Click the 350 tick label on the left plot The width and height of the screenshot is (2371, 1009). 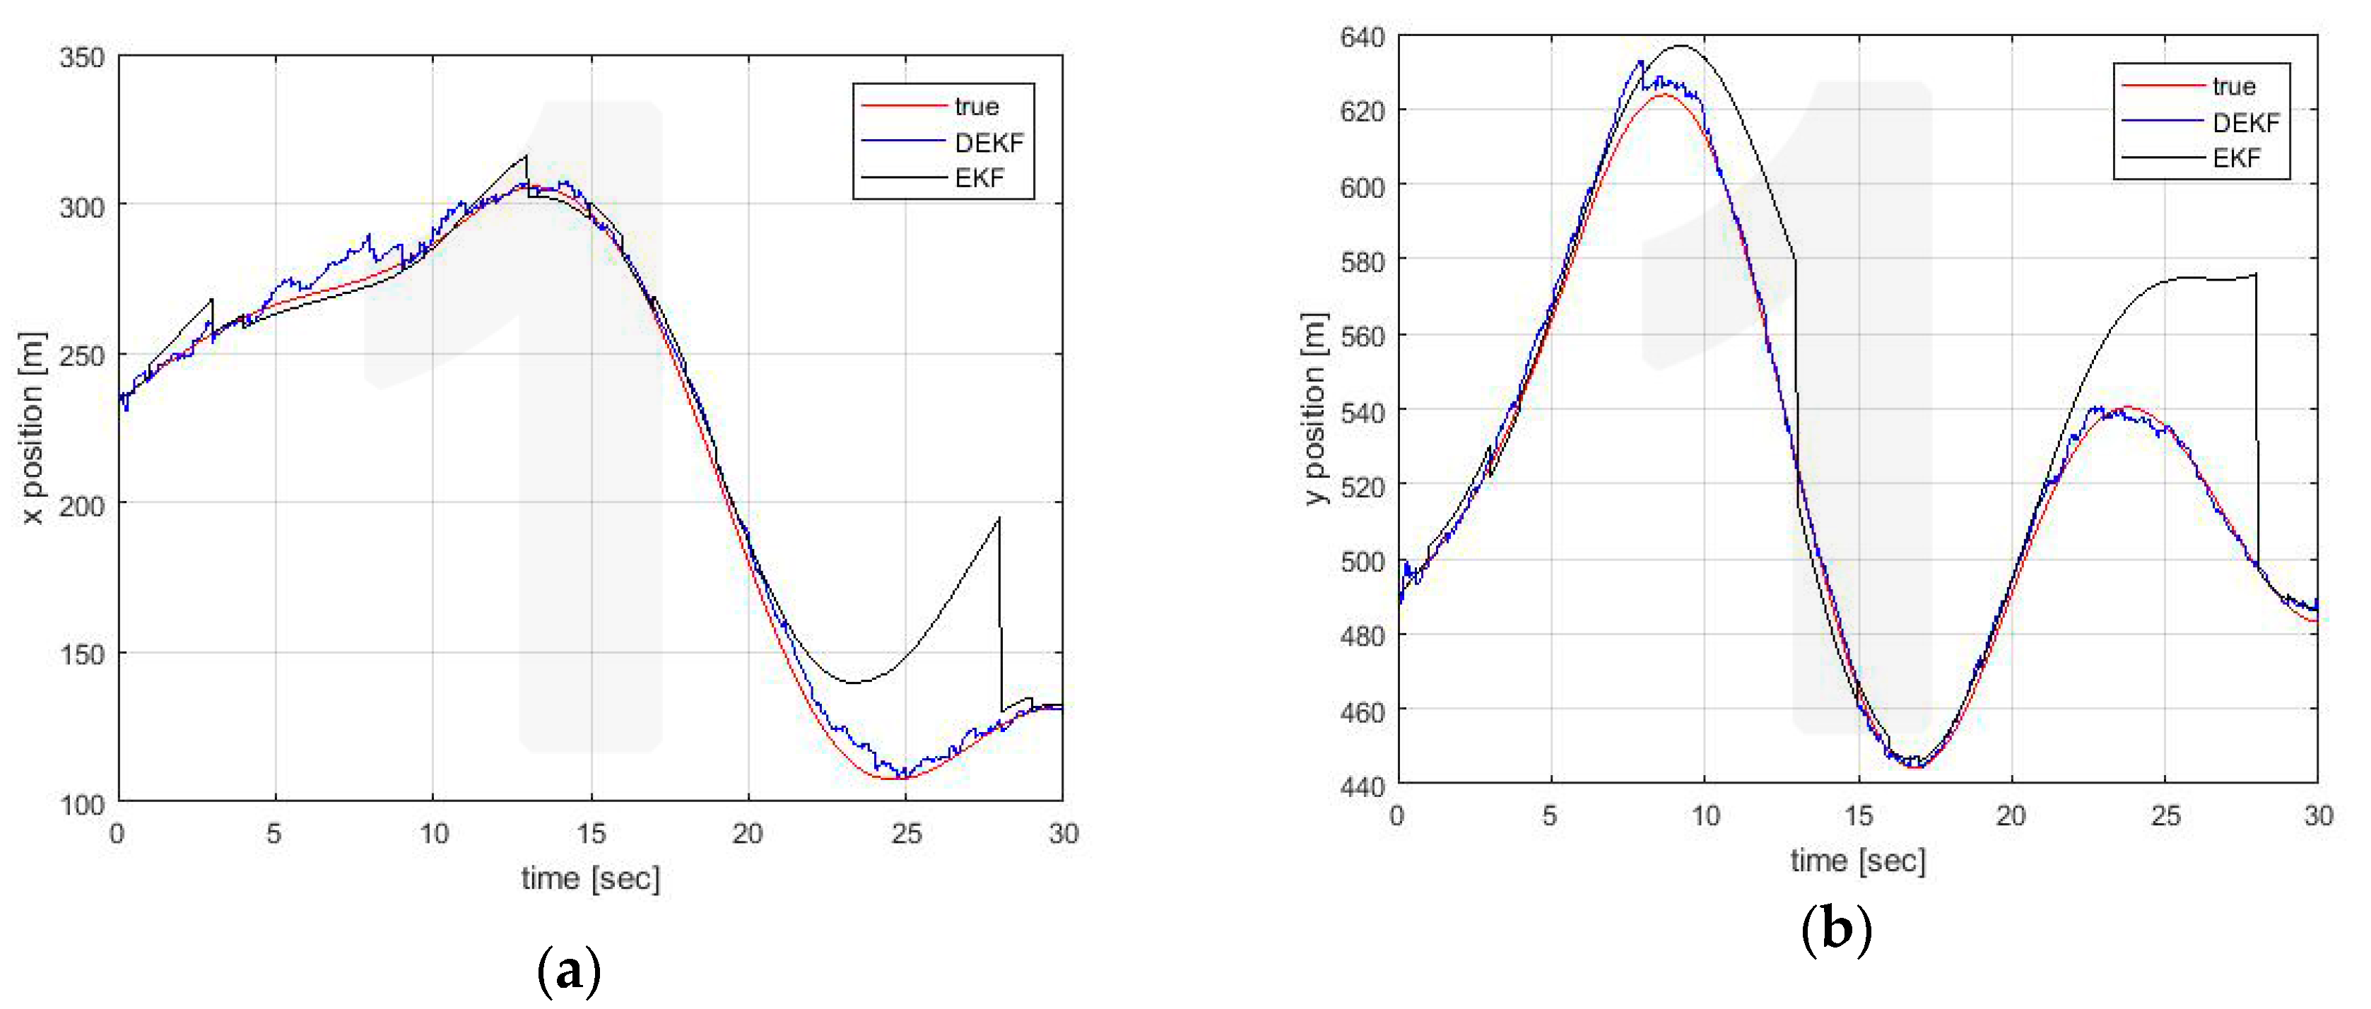click(x=81, y=58)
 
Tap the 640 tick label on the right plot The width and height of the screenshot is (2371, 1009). click(x=1363, y=37)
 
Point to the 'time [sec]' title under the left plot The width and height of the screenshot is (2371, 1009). click(x=590, y=878)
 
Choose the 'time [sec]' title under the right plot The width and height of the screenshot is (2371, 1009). click(x=1857, y=861)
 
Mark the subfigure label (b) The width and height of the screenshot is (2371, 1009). click(x=1835, y=930)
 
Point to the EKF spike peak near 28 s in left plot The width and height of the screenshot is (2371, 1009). click(x=999, y=519)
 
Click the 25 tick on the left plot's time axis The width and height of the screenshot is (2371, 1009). click(x=906, y=834)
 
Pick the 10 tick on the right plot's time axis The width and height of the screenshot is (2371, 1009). click(x=1705, y=815)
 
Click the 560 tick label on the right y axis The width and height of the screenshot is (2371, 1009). click(x=1363, y=337)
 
